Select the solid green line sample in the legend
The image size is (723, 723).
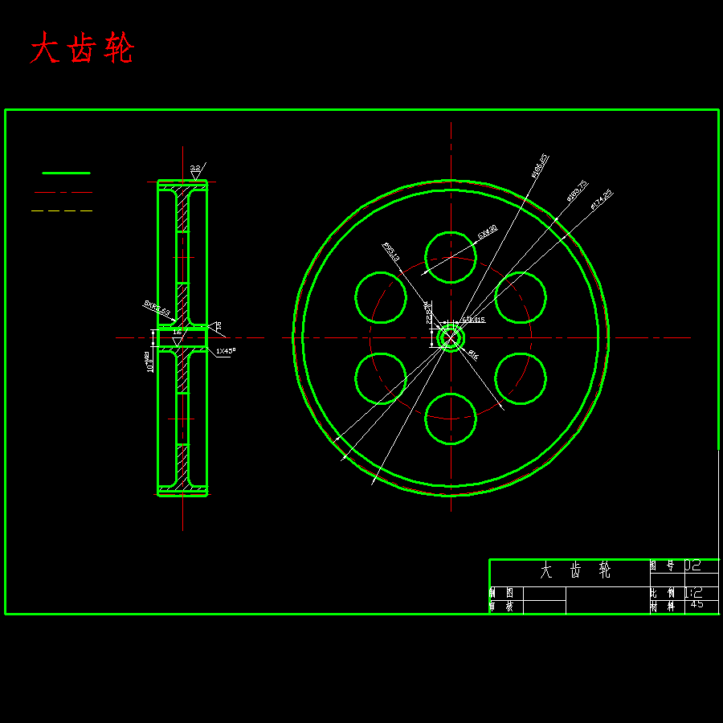pos(66,173)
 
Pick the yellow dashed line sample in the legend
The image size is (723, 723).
pos(62,210)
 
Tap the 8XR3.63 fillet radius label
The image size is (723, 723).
pos(157,307)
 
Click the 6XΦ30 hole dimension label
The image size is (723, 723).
pos(487,231)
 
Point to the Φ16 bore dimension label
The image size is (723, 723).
pos(472,354)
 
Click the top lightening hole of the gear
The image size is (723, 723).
pos(451,257)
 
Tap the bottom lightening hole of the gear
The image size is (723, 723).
pos(451,418)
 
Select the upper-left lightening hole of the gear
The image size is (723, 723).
pos(381,297)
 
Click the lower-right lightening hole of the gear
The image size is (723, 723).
pos(521,378)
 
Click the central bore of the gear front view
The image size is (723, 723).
pos(451,337)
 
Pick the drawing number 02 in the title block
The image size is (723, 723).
pos(692,566)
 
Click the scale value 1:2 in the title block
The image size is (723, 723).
pos(693,592)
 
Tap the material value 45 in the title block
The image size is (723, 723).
pos(696,605)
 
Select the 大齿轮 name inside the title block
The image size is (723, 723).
pos(575,571)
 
